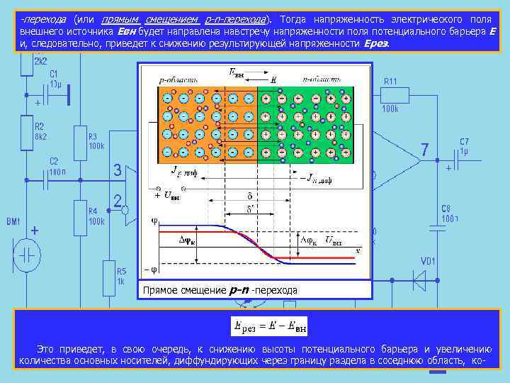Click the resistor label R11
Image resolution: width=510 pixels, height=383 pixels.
point(390,82)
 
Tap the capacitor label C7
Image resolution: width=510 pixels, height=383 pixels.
point(464,142)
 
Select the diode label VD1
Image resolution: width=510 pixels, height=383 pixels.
point(429,261)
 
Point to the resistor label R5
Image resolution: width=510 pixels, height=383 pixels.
point(122,271)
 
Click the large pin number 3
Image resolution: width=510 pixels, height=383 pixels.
point(118,170)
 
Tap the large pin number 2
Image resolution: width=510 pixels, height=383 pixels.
point(118,201)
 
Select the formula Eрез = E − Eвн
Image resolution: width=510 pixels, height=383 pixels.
point(270,326)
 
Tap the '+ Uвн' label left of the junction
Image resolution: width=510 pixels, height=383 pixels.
point(162,195)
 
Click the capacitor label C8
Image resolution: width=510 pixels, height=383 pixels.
point(446,209)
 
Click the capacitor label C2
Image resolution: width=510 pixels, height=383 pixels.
point(54,161)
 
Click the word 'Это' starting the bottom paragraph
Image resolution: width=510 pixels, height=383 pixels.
point(45,349)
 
